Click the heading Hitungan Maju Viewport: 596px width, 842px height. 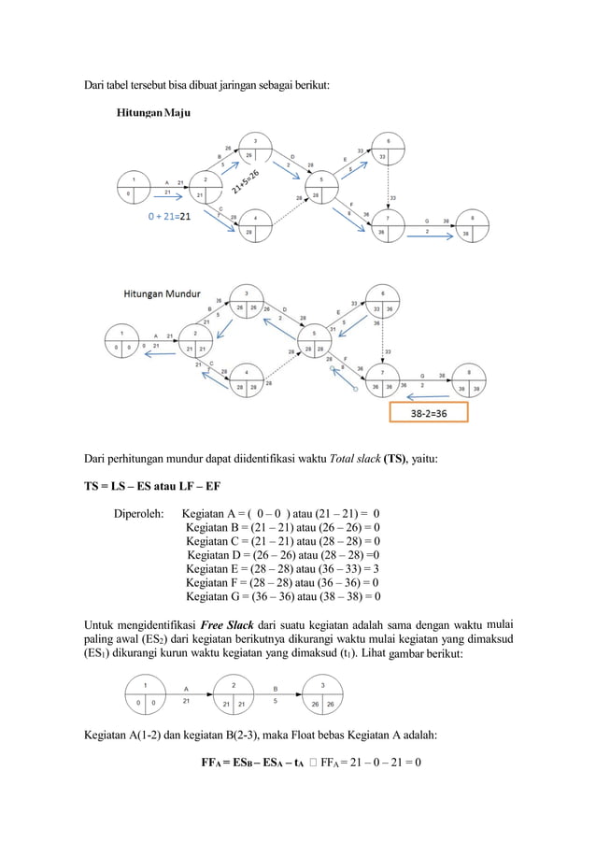tap(153, 113)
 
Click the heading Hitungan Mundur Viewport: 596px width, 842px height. tap(163, 293)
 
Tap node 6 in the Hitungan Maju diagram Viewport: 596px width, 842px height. tap(389, 150)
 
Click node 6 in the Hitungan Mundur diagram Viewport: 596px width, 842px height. tap(383, 303)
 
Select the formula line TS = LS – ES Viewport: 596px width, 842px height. tap(161, 486)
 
